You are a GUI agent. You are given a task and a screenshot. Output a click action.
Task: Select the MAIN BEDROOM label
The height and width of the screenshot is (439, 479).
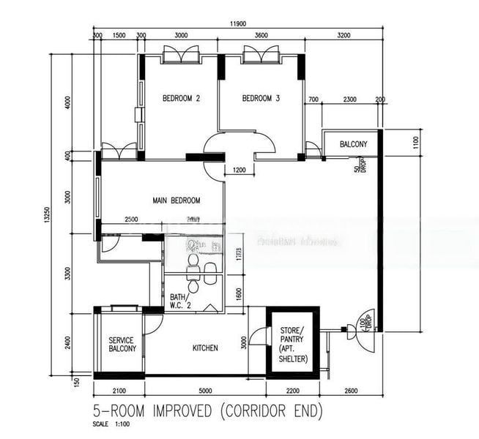pos(177,200)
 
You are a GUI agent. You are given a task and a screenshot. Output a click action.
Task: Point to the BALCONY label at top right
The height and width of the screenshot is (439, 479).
pos(353,144)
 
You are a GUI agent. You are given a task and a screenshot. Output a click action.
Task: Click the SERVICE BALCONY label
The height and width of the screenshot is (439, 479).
pos(122,345)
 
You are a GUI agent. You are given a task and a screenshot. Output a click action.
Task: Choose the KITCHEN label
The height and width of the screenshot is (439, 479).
pos(205,348)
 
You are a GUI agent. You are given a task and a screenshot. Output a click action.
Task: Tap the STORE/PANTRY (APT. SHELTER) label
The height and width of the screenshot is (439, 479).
pos(293,345)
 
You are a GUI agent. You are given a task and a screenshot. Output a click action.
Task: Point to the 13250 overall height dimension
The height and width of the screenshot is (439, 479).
pos(45,214)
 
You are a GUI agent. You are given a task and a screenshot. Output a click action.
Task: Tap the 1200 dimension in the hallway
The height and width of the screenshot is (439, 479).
pos(239,170)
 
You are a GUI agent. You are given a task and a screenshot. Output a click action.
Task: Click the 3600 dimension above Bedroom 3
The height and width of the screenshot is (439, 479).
pos(261,35)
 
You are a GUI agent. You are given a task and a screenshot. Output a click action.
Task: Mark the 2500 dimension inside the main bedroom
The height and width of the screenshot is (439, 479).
pos(131,219)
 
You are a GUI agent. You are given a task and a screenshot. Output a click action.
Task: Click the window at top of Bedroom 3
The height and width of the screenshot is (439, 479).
pos(261,55)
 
